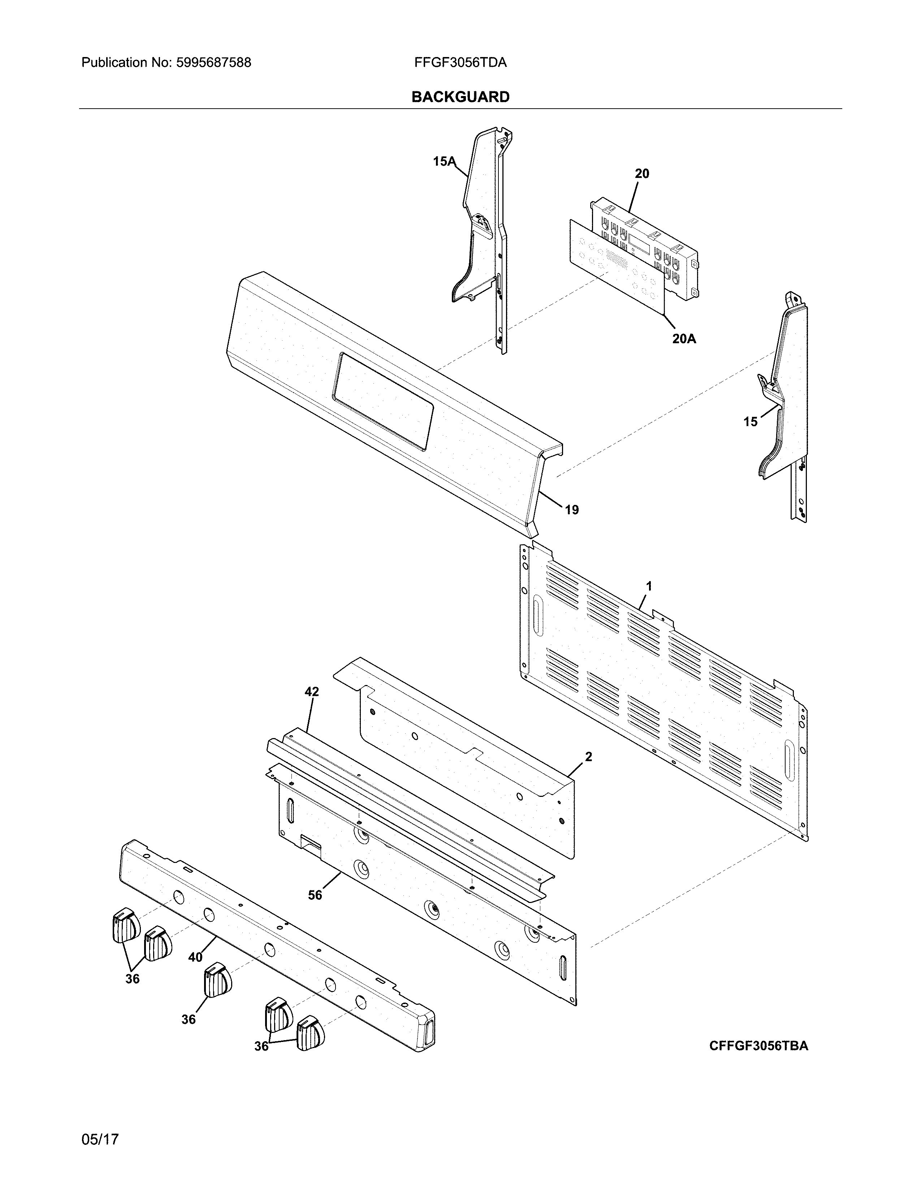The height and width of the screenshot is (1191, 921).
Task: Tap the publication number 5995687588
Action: click(213, 63)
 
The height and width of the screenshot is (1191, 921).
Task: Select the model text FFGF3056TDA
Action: click(460, 63)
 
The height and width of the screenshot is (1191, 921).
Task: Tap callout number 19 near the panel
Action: click(571, 510)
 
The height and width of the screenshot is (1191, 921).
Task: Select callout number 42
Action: click(312, 692)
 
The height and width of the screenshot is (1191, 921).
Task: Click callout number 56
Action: click(315, 895)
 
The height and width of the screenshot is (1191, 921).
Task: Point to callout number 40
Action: click(195, 957)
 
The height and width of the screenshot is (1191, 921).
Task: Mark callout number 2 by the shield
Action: click(588, 756)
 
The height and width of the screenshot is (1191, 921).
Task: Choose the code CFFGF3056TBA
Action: click(758, 1046)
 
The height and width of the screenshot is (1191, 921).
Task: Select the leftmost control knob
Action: click(125, 925)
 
